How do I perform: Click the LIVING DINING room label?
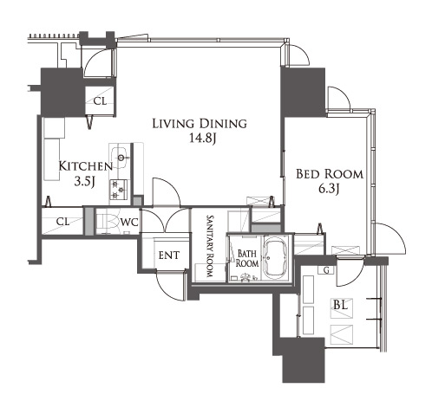tap(200, 124)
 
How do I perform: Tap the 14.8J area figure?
tap(203, 139)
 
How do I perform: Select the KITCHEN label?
tap(86, 166)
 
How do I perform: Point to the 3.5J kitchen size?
tap(85, 182)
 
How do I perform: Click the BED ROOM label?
tap(330, 174)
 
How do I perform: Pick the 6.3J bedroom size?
tap(329, 189)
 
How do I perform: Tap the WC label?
tap(129, 223)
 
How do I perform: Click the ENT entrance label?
tap(169, 256)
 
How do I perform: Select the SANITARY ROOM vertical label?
tap(210, 246)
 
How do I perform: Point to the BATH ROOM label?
tap(247, 258)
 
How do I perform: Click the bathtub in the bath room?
tap(276, 258)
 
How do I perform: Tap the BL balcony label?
tap(340, 305)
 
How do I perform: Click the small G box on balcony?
tap(326, 270)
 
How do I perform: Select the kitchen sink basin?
tap(120, 158)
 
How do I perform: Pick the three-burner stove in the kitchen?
tap(118, 190)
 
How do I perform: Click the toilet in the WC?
tap(108, 223)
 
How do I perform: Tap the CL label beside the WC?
tap(62, 222)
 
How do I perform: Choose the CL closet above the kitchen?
tap(100, 101)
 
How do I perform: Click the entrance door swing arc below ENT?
tap(167, 289)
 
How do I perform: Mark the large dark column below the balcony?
tap(303, 360)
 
